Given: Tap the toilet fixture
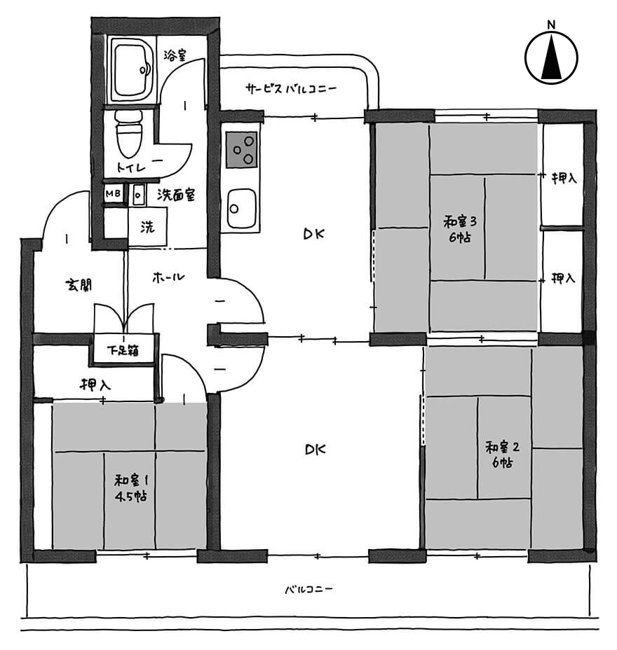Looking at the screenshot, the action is click(x=129, y=133).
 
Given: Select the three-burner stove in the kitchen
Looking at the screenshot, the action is click(x=241, y=149).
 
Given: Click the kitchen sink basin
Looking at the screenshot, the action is click(x=240, y=208).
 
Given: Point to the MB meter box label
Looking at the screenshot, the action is click(x=113, y=193).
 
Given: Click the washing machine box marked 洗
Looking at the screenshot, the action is click(x=147, y=227).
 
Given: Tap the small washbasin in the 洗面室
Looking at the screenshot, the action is click(x=139, y=195).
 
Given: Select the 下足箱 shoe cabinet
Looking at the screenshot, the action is click(x=123, y=350).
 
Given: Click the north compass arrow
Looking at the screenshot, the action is click(x=551, y=57).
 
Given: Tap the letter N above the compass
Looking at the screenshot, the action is click(x=551, y=25).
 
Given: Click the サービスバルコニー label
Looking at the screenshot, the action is click(x=290, y=88).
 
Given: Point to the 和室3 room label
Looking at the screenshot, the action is click(x=460, y=221).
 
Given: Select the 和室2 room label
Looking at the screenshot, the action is click(x=502, y=448).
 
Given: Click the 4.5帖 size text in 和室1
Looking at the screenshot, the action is click(x=130, y=497).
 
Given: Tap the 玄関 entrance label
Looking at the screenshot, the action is click(x=79, y=285).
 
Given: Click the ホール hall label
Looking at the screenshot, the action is click(x=168, y=277).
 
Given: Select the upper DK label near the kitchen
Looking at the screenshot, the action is click(x=313, y=234).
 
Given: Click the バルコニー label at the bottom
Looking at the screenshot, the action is click(x=308, y=589).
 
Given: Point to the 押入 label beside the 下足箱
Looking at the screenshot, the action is click(x=95, y=385).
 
